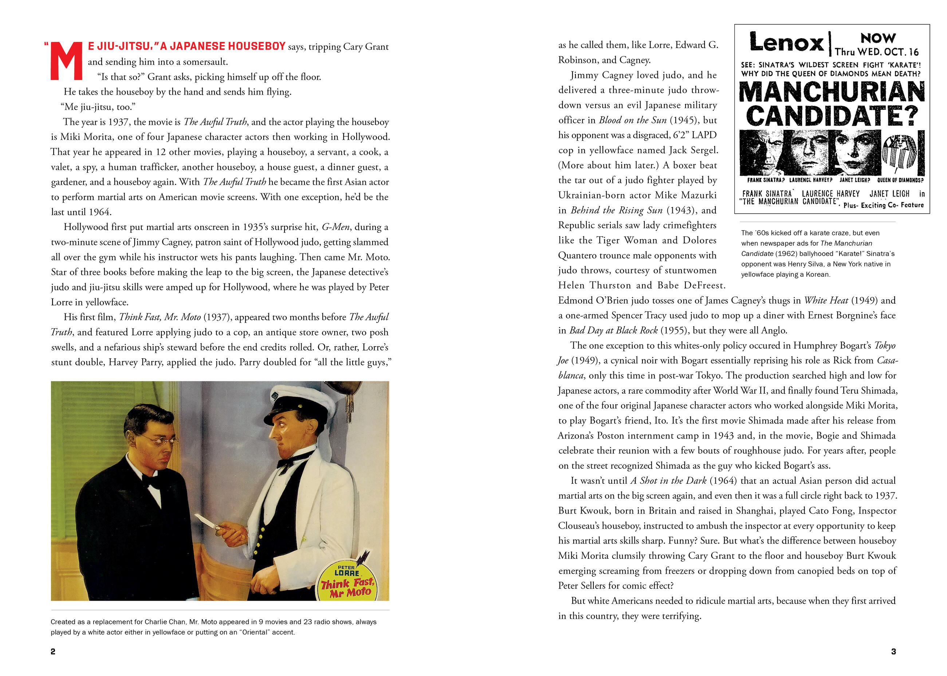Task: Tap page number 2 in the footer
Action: click(53, 652)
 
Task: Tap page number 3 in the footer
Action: click(893, 652)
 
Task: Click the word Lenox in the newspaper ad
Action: click(786, 43)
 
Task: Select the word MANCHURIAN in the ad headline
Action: click(832, 92)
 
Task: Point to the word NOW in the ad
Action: click(878, 38)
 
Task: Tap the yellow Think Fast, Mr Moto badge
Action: click(348, 582)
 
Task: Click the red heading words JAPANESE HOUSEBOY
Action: click(223, 46)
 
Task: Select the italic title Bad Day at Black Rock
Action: click(613, 331)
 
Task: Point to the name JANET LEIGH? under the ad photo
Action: click(854, 180)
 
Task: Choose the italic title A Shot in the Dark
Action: click(668, 481)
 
